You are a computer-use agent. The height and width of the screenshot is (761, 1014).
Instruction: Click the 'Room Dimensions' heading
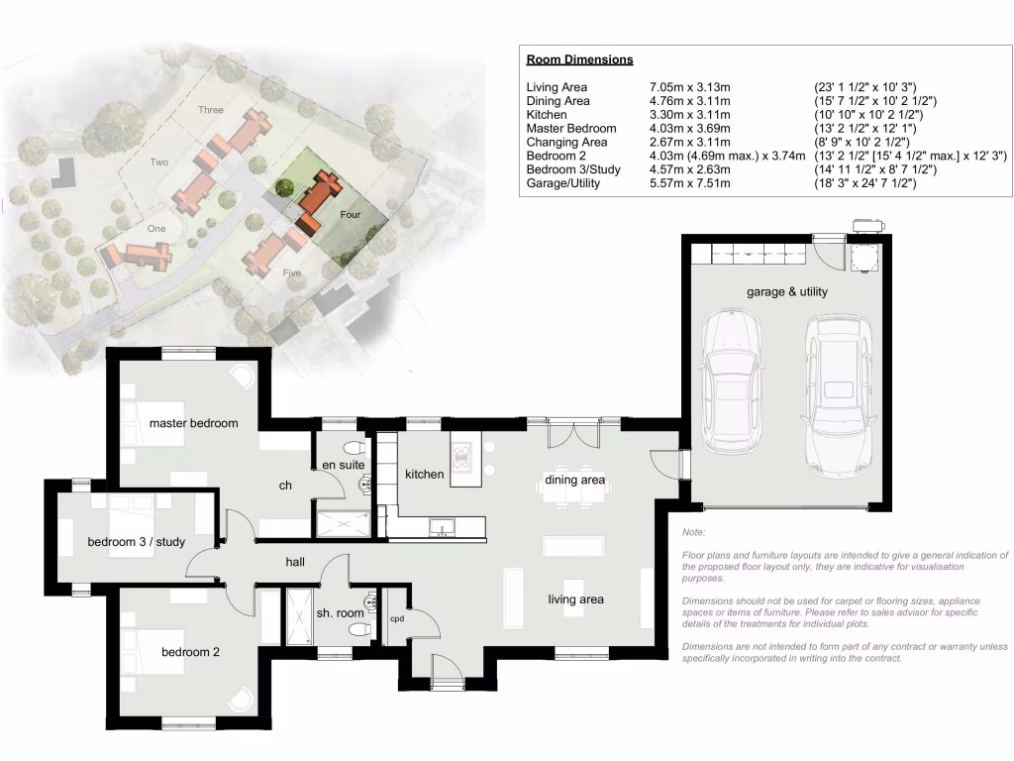click(x=579, y=59)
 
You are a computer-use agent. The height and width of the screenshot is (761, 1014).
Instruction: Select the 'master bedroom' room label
click(x=193, y=423)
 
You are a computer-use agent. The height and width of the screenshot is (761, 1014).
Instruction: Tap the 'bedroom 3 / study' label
click(x=136, y=542)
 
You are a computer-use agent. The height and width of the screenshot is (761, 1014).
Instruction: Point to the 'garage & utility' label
click(x=787, y=292)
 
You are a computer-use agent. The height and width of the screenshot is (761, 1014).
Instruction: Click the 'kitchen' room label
click(x=425, y=475)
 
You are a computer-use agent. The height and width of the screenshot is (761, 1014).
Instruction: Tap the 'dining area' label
click(x=574, y=481)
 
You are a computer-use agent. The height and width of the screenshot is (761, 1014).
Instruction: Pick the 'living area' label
click(x=576, y=599)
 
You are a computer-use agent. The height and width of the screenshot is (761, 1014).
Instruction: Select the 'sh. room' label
click(x=341, y=614)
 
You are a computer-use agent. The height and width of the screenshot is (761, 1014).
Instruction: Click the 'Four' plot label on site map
click(x=351, y=215)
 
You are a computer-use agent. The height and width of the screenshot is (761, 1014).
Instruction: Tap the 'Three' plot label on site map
click(x=210, y=110)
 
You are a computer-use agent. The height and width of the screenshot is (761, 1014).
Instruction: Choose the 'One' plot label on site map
click(x=156, y=228)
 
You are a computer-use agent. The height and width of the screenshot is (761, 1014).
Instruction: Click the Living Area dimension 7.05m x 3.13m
click(x=689, y=88)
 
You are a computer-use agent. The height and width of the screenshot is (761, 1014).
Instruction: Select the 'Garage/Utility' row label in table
click(x=562, y=183)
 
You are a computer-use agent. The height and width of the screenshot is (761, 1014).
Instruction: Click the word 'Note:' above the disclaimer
click(x=693, y=533)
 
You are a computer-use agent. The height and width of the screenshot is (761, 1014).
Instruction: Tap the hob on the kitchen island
click(x=462, y=455)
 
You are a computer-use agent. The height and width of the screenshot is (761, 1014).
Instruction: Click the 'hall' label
click(x=295, y=562)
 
